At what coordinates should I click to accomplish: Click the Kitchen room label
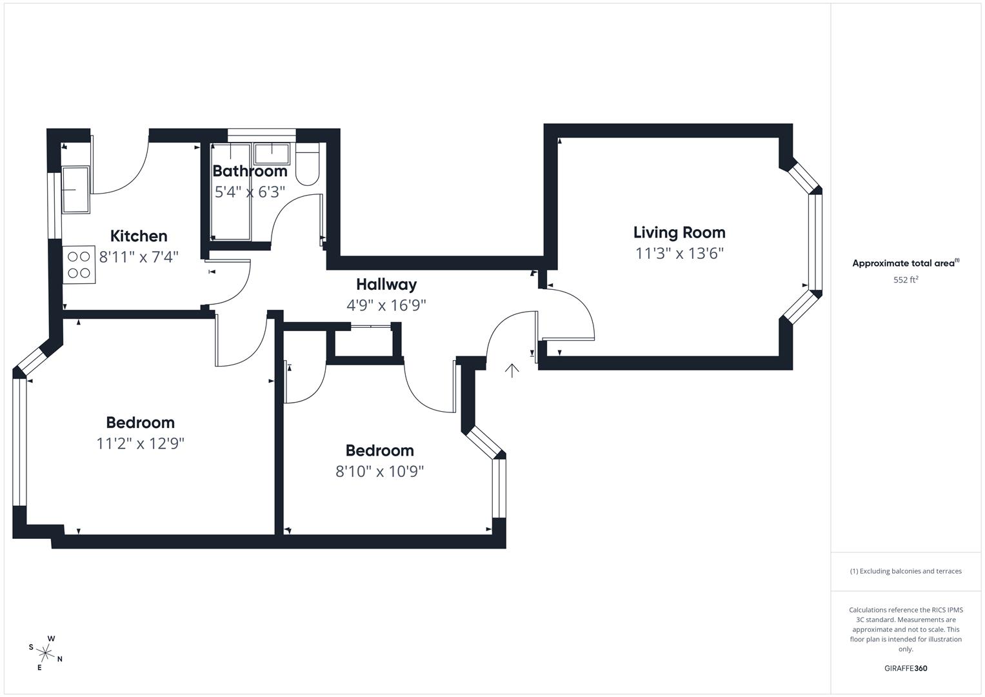139,236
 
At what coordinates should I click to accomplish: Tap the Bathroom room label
250,171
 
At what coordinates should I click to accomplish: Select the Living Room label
679,232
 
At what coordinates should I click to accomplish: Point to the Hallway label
386,284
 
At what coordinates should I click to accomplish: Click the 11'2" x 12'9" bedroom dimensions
141,443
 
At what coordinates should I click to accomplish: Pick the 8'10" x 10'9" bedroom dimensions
379,471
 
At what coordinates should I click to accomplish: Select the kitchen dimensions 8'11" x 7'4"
139,257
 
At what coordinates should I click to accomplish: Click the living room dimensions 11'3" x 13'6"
679,253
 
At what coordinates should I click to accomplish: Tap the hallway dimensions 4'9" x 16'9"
386,305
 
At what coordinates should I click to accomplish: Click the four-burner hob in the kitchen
79,265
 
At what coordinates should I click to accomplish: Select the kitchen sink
75,189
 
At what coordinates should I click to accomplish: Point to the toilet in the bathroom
308,167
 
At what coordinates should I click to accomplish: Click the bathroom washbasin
272,154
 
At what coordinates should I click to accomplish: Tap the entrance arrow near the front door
512,370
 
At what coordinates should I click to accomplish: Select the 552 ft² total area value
906,279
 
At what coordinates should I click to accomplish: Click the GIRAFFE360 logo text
906,668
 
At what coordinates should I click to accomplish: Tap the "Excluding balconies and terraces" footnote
906,571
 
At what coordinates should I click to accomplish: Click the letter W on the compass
52,639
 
